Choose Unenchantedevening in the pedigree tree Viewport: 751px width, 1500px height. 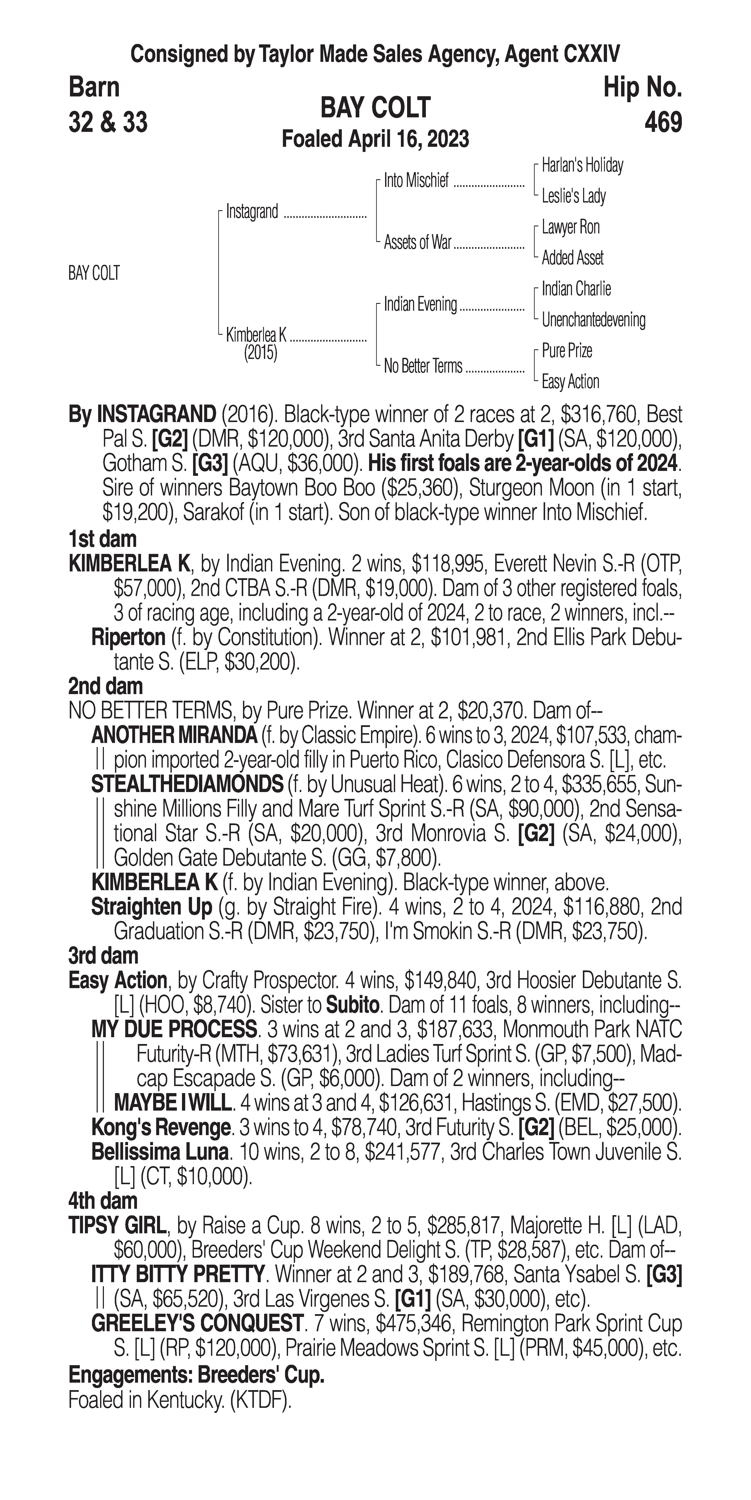tap(593, 320)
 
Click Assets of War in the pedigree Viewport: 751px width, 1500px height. tap(417, 243)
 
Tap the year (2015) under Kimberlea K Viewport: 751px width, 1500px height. tap(260, 354)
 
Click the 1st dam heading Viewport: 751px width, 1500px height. tap(102, 539)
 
